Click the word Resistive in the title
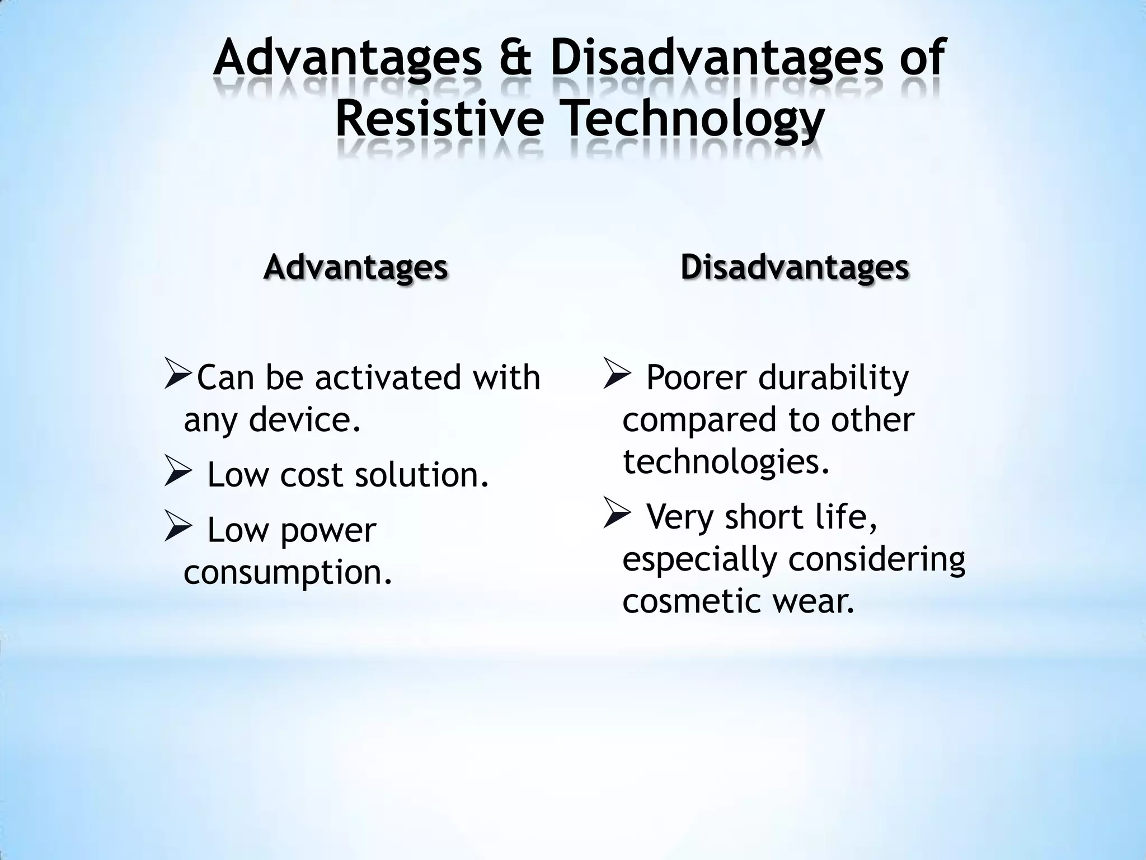pos(440,119)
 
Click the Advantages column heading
pos(355,267)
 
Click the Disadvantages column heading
pos(795,267)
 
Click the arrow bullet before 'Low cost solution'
pos(179,474)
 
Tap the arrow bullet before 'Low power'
pos(179,529)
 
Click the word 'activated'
pos(389,377)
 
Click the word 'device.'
pos(305,419)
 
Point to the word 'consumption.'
pos(288,573)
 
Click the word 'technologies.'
pos(726,462)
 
